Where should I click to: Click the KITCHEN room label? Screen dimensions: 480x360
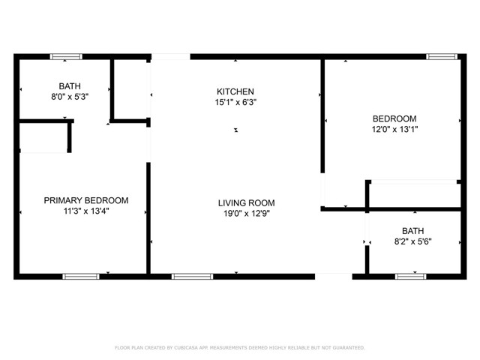235,91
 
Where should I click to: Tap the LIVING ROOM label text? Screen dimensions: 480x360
247,203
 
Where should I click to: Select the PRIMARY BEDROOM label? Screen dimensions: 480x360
86,200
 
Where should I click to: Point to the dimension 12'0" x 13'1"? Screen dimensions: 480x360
395,129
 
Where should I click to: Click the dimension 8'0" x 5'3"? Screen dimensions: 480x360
70,97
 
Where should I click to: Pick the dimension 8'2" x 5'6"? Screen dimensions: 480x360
413,241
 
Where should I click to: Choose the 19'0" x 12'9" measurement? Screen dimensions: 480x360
247,213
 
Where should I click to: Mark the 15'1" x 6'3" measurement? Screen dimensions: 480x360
235,102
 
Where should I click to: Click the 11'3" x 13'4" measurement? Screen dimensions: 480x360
86,211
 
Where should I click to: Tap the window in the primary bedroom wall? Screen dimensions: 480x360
81,277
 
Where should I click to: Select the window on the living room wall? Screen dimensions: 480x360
192,277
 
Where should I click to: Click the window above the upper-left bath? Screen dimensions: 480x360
66,57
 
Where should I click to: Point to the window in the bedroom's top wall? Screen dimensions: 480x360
442,57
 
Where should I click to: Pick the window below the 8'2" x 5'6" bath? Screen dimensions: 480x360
410,277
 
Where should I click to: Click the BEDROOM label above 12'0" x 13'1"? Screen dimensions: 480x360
394,118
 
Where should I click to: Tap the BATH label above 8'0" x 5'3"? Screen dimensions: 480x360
70,86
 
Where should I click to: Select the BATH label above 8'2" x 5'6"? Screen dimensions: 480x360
413,231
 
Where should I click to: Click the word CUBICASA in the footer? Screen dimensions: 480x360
186,348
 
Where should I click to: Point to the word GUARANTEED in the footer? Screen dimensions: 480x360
349,348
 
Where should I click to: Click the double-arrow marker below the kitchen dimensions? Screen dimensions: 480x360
236,130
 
